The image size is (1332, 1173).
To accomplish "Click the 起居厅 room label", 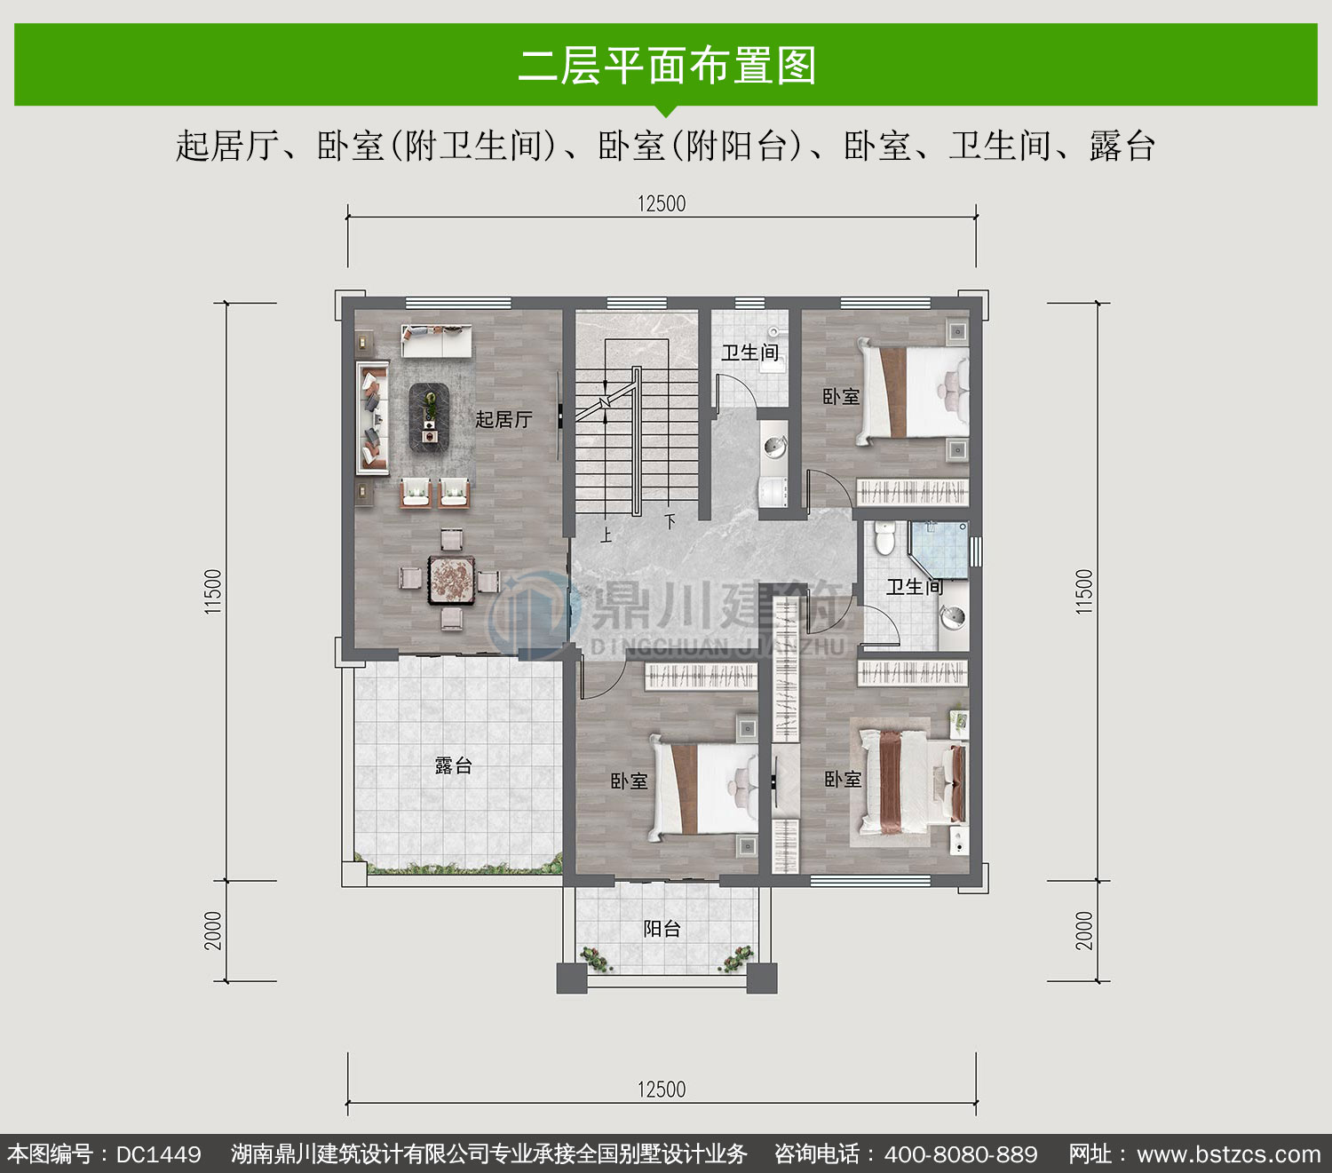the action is point(503,419).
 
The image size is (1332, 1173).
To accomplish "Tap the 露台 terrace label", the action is point(454,765).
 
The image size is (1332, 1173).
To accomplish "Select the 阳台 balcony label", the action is point(662,929).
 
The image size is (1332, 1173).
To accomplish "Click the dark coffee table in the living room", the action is point(429,417).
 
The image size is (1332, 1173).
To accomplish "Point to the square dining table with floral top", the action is point(452,580).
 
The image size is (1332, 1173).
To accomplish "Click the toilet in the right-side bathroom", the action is point(885,537).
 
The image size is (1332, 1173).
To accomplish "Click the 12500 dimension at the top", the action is point(662,204).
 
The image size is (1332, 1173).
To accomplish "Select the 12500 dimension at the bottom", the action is point(662,1090).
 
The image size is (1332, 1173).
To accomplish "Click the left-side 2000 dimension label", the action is point(213,931).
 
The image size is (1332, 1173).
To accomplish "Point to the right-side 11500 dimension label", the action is point(1084,591).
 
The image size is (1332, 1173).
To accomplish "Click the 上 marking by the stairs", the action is point(606,535).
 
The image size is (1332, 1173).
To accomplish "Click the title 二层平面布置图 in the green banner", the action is point(667,65).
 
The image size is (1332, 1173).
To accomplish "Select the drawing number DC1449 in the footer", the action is point(158,1154).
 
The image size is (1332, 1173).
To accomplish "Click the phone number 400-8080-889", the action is point(961,1154).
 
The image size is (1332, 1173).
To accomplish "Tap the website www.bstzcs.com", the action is point(1229,1154).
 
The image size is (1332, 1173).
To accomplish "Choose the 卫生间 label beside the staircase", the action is point(750,353).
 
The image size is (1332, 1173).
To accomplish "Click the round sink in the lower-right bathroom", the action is point(952,617).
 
